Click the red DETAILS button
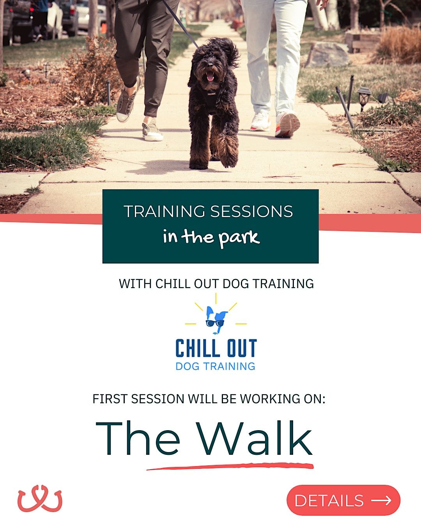click(x=343, y=500)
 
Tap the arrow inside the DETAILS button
click(x=381, y=500)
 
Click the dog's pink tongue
click(x=210, y=77)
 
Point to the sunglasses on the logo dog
click(x=215, y=323)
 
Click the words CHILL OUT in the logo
click(x=216, y=348)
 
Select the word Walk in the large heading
click(x=255, y=439)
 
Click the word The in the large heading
click(x=138, y=439)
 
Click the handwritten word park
click(x=239, y=237)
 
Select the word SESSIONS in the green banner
click(x=251, y=212)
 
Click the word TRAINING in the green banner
click(x=165, y=212)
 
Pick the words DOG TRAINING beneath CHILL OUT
click(x=216, y=366)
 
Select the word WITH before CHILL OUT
click(x=135, y=283)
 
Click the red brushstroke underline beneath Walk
click(x=230, y=466)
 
